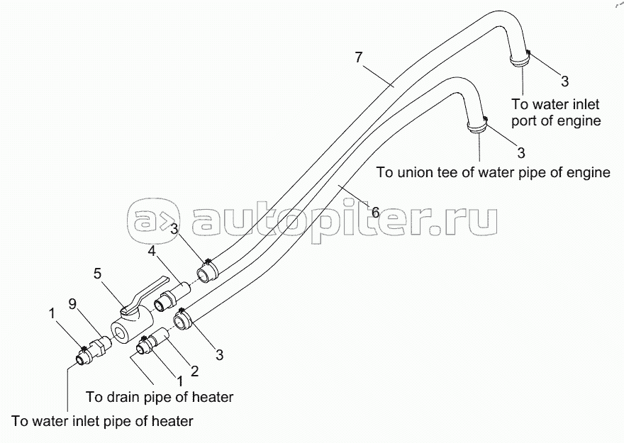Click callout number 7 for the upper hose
pyautogui.click(x=359, y=57)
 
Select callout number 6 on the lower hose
pyautogui.click(x=375, y=213)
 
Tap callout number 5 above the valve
pyautogui.click(x=98, y=274)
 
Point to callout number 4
pyautogui.click(x=152, y=251)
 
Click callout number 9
pyautogui.click(x=72, y=304)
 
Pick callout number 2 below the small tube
pyautogui.click(x=194, y=371)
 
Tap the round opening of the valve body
pyautogui.click(x=119, y=332)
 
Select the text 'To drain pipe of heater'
pyautogui.click(x=160, y=397)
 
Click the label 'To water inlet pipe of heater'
pyautogui.click(x=102, y=421)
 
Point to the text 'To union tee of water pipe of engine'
pyautogui.click(x=493, y=172)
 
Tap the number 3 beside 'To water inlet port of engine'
pyautogui.click(x=565, y=82)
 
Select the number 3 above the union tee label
pyautogui.click(x=521, y=152)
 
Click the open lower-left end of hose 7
pyautogui.click(x=204, y=275)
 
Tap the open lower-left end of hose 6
pyautogui.click(x=180, y=322)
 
